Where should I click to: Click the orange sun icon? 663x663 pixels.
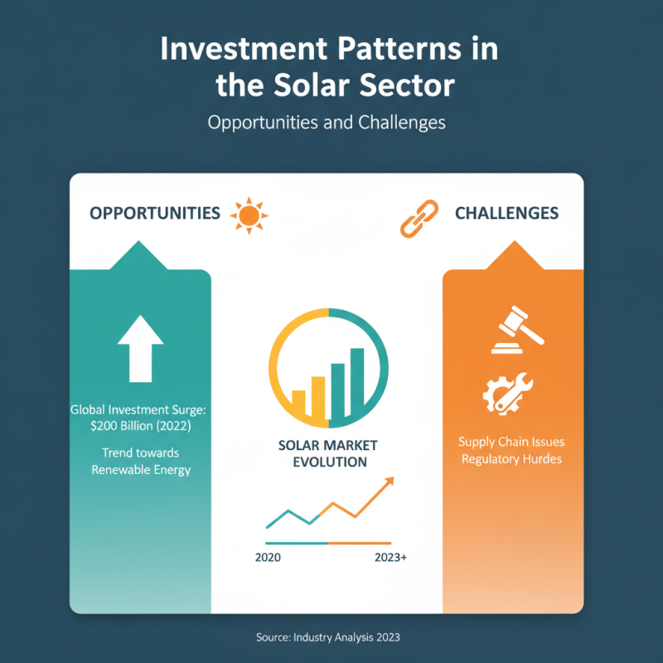coord(248,215)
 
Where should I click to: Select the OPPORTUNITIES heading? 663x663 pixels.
coord(154,213)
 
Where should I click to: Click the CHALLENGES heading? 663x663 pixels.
coord(506,213)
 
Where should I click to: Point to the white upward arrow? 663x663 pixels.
coord(141,348)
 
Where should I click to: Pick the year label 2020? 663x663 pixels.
coord(268,558)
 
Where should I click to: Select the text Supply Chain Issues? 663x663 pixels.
coord(511,442)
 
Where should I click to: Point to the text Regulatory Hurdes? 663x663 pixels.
coord(511,458)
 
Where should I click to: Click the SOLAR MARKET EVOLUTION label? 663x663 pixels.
coord(329,453)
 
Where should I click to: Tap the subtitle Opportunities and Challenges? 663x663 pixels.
coord(327,123)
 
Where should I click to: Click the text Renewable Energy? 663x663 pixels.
coord(141,470)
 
